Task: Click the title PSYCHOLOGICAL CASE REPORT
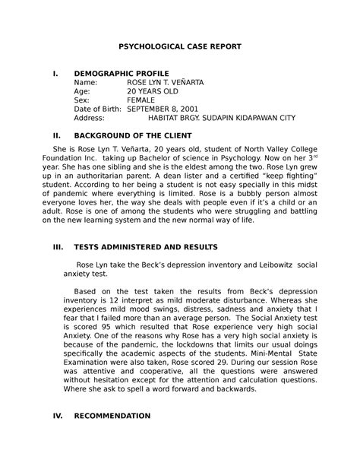click(x=179, y=46)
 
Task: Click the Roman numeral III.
click(x=55, y=247)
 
